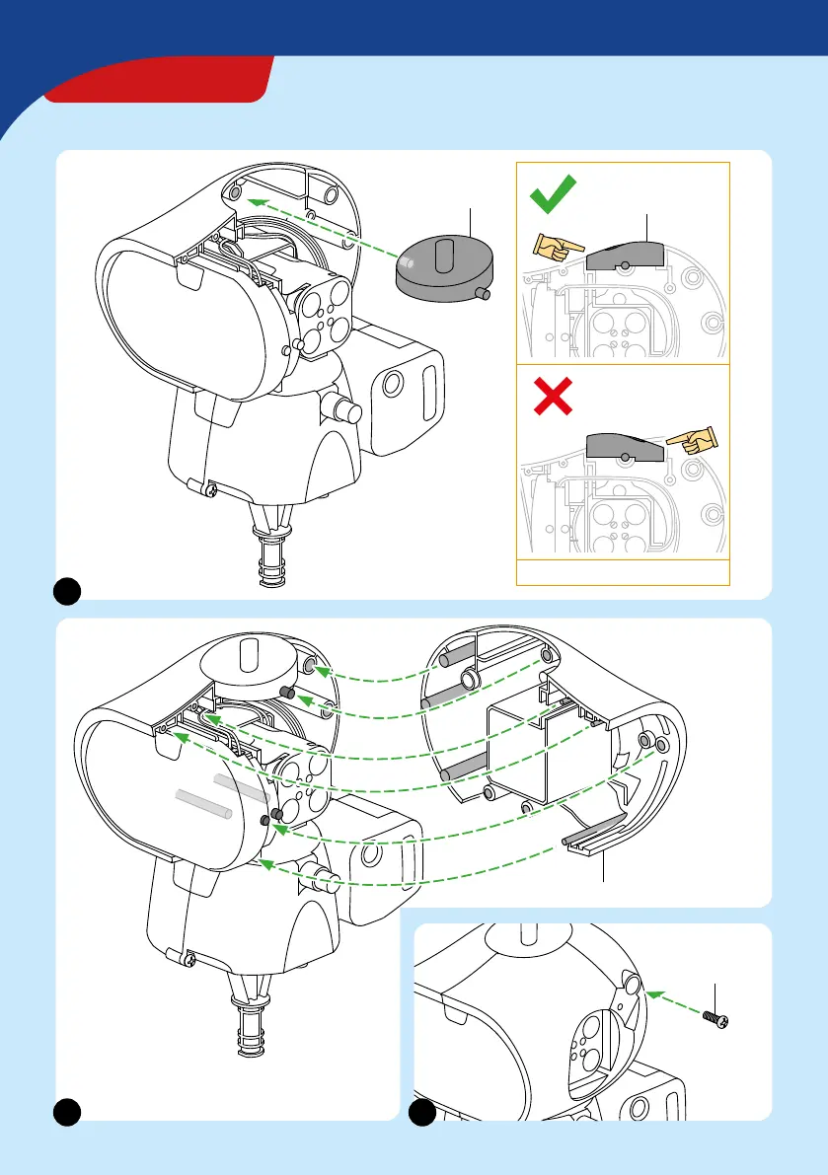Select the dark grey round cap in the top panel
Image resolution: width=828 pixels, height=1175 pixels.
click(x=444, y=266)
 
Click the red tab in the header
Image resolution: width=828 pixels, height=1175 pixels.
click(x=158, y=79)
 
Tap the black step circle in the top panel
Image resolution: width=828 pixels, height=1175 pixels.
click(x=66, y=590)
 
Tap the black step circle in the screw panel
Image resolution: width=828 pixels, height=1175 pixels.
click(x=422, y=1112)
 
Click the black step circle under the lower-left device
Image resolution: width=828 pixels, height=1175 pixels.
click(x=66, y=1112)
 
